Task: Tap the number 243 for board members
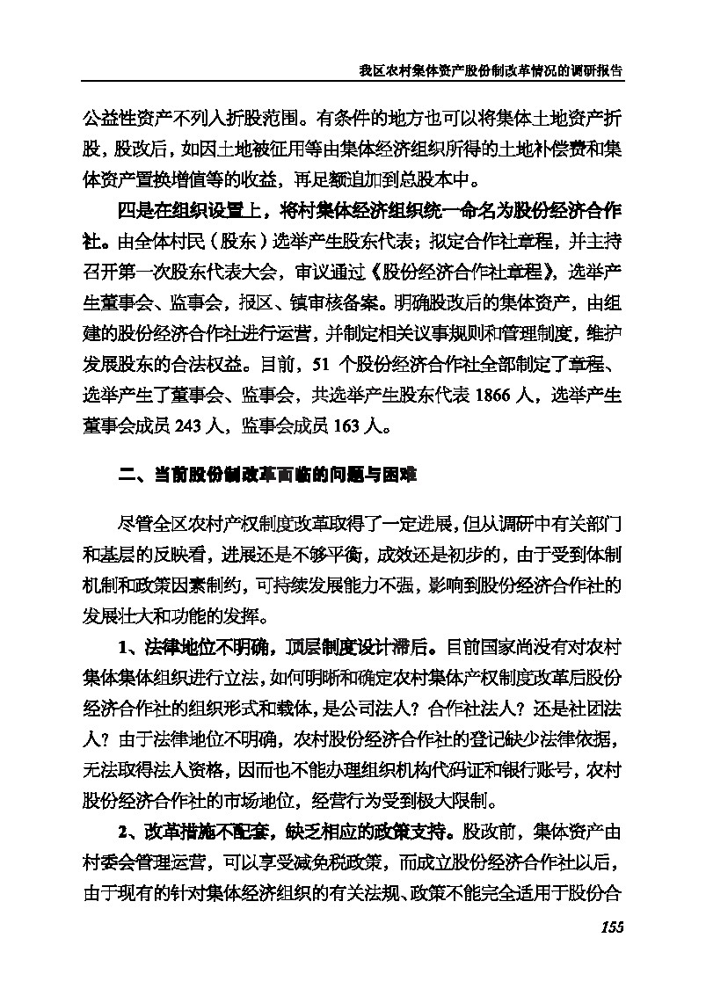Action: click(190, 428)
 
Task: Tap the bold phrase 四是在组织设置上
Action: click(194, 214)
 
